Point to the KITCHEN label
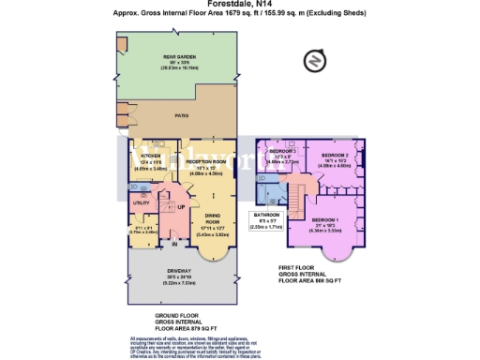point(152,157)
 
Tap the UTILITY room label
point(142,202)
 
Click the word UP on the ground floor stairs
point(181,206)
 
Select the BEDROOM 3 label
point(284,151)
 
